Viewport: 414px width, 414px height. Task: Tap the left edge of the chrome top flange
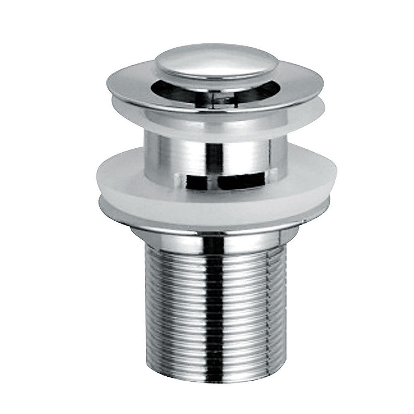[x=111, y=81]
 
